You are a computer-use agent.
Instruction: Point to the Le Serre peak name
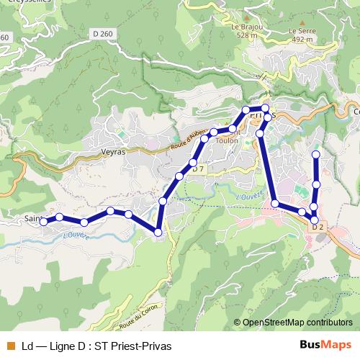(x=302, y=32)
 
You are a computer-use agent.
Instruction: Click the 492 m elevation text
(x=302, y=40)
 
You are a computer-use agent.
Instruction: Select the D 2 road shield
(x=319, y=226)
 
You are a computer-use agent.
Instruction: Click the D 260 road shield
(x=104, y=33)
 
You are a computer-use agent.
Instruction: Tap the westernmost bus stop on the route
(x=44, y=222)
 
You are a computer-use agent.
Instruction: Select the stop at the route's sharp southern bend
(x=158, y=231)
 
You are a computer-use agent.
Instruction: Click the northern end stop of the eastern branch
(x=315, y=155)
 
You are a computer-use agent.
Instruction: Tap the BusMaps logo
(x=325, y=345)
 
